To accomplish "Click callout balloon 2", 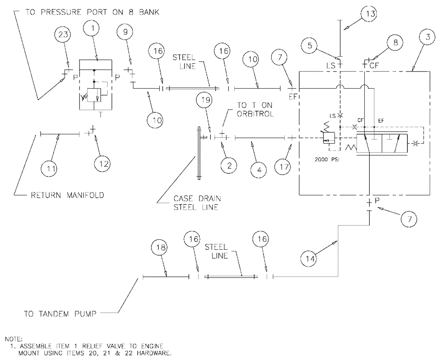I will point(228,165).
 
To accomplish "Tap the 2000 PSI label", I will point(327,159).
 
